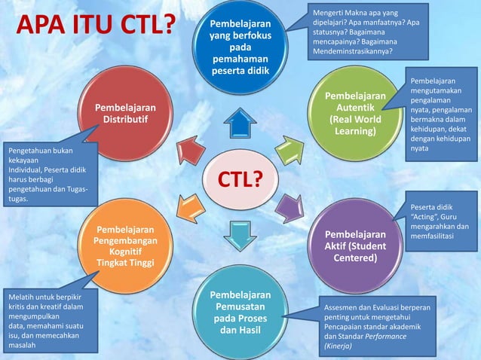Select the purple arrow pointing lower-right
click(x=290, y=206)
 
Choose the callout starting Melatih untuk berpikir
click(x=50, y=321)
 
